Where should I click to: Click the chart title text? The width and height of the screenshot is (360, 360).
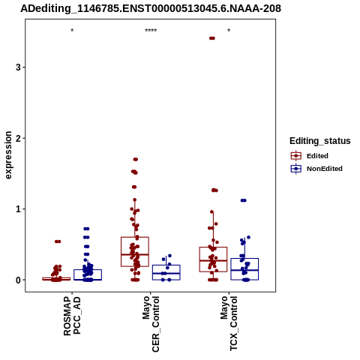tap(151, 8)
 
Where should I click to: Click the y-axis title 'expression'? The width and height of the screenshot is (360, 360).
tap(8, 155)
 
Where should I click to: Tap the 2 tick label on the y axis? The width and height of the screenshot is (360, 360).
tap(18, 138)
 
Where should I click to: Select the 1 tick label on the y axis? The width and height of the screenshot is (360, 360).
tap(18, 208)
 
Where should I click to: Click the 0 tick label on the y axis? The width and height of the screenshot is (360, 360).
tap(18, 280)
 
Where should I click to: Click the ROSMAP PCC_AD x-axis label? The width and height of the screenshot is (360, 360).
tap(72, 316)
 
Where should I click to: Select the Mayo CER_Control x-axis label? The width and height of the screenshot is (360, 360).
tap(151, 324)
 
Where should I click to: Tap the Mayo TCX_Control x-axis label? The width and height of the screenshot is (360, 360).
tap(229, 323)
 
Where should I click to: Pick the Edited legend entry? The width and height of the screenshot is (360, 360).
tap(310, 156)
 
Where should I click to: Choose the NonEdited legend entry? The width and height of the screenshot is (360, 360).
tap(316, 169)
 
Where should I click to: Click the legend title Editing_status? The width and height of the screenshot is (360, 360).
tap(320, 141)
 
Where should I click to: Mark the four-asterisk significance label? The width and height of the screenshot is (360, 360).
tap(151, 31)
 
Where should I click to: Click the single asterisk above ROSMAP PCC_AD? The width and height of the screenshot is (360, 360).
tap(72, 31)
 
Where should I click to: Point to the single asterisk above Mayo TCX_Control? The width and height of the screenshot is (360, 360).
tap(229, 31)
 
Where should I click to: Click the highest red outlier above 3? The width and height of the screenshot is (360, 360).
tap(212, 38)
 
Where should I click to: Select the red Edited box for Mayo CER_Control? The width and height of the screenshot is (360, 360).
tap(135, 252)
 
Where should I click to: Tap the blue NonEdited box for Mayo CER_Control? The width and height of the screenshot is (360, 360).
tap(166, 272)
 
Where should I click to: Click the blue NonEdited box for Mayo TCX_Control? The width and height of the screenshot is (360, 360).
tap(244, 269)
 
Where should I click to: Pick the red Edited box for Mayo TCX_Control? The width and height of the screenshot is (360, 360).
tap(213, 259)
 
